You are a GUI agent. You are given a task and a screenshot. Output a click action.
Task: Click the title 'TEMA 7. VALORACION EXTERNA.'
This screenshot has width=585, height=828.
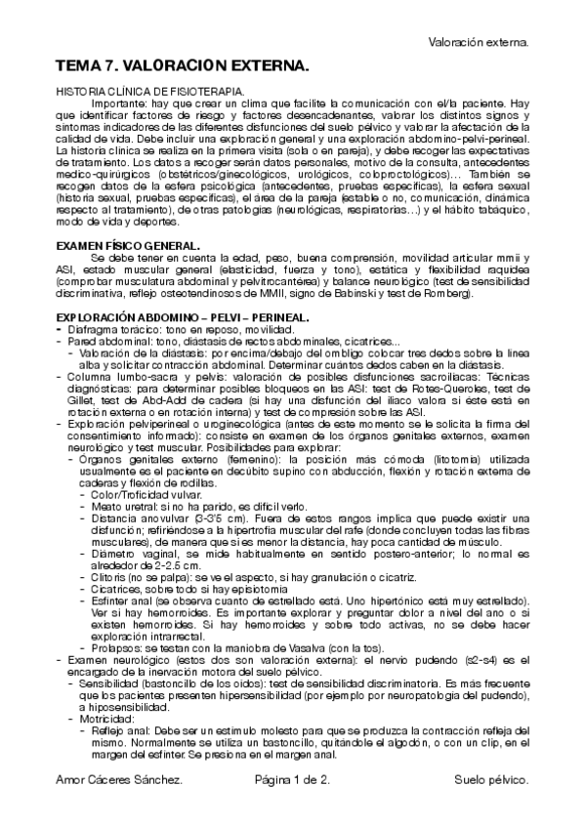pyautogui.click(x=182, y=65)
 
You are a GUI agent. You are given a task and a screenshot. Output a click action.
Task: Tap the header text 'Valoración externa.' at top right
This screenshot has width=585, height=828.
pyautogui.click(x=479, y=42)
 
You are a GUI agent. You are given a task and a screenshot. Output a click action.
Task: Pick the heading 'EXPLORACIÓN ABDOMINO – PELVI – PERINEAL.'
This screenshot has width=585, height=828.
pyautogui.click(x=183, y=317)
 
